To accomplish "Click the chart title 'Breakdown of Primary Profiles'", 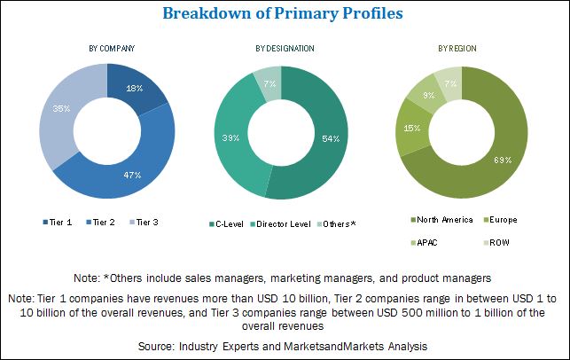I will coord(285,15).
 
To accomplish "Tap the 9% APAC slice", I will coord(429,95).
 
